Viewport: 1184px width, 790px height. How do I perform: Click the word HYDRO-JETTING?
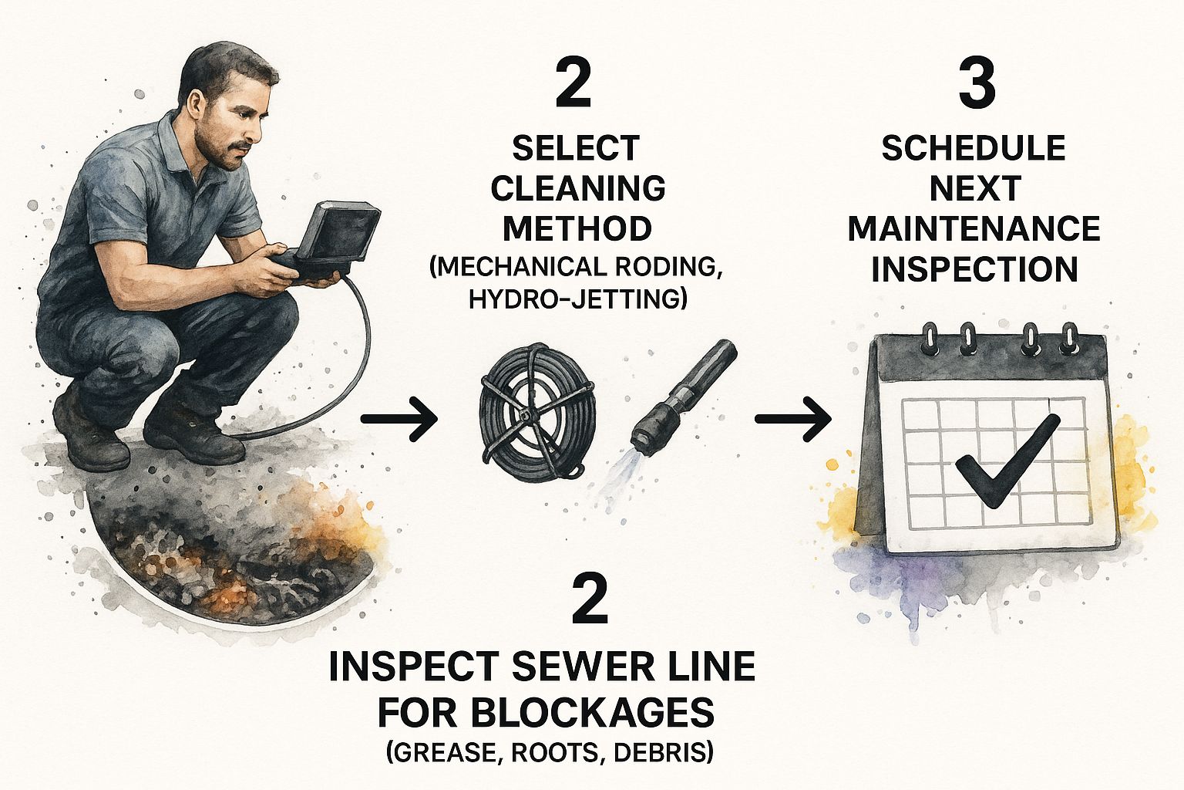(578, 299)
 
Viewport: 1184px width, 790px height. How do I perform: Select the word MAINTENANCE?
(974, 228)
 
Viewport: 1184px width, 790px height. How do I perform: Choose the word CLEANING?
(577, 188)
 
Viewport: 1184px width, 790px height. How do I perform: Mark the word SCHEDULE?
(974, 148)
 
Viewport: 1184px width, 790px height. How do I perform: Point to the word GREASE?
(445, 752)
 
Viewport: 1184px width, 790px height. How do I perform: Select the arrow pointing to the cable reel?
(399, 419)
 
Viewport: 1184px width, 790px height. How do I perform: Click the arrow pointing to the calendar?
(793, 419)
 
